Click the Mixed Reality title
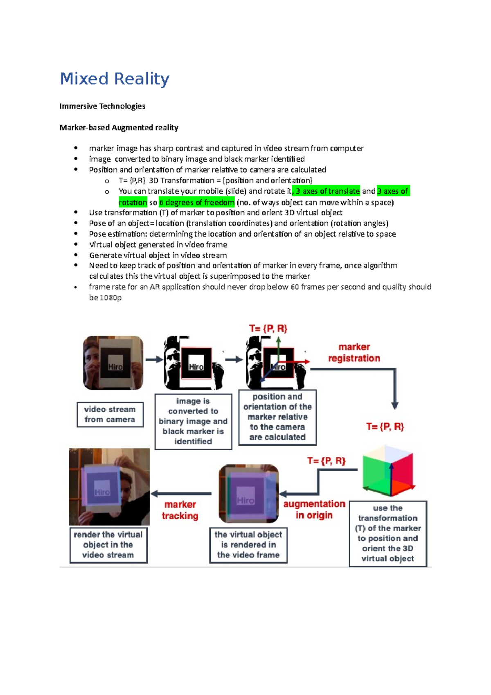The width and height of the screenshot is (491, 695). [115, 79]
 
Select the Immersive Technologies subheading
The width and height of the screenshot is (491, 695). [102, 106]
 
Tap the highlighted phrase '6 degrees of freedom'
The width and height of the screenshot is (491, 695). [197, 202]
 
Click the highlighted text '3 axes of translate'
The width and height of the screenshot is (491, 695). [327, 191]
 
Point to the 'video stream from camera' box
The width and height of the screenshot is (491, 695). [110, 415]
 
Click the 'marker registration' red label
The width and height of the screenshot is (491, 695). [354, 352]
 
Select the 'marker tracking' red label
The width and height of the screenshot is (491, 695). [180, 510]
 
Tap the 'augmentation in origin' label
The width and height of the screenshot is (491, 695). [314, 510]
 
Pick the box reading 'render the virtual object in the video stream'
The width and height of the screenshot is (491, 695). [108, 545]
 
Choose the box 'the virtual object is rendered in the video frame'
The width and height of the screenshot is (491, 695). [248, 545]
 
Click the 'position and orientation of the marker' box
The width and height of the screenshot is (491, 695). [277, 417]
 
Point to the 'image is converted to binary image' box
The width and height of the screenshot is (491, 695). [193, 421]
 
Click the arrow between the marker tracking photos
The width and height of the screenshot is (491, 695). [181, 494]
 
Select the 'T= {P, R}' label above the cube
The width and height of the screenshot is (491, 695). [385, 427]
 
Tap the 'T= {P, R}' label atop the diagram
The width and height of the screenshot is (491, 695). [268, 329]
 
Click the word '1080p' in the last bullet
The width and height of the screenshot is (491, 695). [111, 298]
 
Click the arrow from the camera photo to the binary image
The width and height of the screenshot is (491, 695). [154, 360]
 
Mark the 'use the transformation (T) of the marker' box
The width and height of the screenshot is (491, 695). [388, 533]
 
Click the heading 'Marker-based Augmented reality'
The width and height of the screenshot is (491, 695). [119, 128]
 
